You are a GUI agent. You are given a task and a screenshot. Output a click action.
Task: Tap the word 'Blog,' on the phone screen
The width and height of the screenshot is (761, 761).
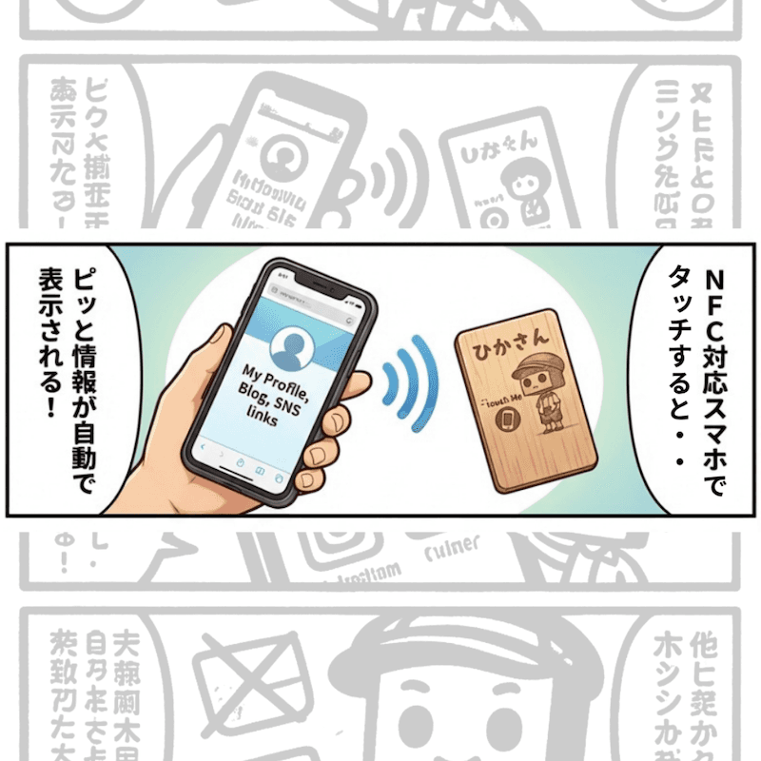(255, 390)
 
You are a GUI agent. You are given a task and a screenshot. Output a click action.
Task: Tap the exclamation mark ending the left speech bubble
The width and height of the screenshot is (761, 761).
(49, 407)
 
